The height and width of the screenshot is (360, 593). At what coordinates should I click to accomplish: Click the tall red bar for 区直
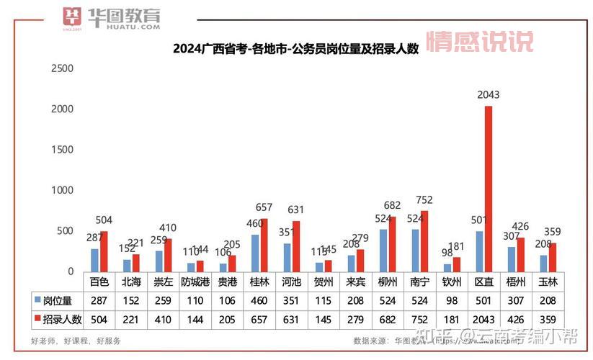coord(489,189)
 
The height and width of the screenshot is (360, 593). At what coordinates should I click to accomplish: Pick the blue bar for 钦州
coord(447,267)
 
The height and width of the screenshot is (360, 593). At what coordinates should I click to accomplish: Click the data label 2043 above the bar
coord(489,95)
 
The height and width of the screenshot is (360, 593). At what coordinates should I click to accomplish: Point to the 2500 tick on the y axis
coord(62,68)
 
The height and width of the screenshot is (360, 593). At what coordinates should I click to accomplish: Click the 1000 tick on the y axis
coord(62,190)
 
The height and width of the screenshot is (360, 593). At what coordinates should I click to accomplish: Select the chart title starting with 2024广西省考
coord(295,49)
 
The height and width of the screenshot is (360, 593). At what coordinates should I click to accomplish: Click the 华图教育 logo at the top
coord(112,18)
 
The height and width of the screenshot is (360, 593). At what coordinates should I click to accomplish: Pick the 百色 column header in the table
coord(99,281)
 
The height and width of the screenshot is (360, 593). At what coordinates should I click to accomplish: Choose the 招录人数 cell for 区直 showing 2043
coord(486,318)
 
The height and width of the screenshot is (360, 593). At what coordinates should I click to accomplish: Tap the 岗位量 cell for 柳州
coord(388,298)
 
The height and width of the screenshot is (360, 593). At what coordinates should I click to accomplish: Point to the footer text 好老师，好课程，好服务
coord(76,341)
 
